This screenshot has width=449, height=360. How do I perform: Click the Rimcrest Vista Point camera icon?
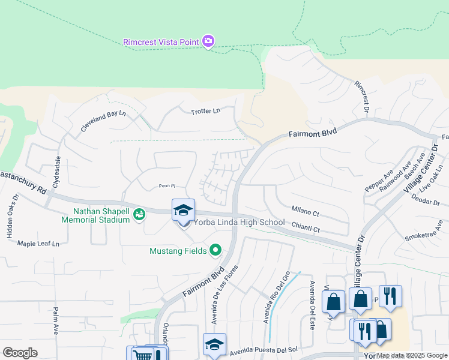(x=208, y=41)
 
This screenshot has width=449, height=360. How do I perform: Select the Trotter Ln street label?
(x=206, y=112)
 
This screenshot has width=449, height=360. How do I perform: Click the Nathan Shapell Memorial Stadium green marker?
(x=139, y=214)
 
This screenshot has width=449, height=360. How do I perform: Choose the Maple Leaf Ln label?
(x=38, y=244)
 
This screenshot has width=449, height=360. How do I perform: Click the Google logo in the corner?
(x=20, y=353)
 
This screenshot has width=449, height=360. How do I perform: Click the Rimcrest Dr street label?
(x=361, y=97)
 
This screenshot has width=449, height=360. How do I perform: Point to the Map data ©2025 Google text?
(x=411, y=356)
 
